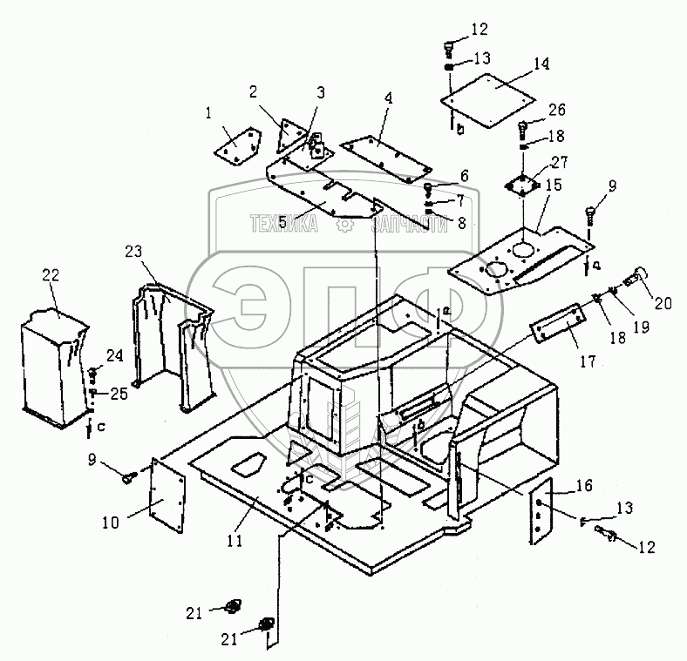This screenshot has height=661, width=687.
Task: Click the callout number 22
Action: tap(52, 275)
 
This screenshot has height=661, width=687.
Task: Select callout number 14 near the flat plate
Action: tap(541, 64)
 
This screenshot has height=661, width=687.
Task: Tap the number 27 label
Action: tap(557, 161)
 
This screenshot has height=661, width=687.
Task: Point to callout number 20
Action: tap(663, 304)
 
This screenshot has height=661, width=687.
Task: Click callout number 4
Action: tap(388, 98)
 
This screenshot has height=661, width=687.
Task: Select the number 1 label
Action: tap(209, 112)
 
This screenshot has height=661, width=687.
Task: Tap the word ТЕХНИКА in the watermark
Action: tap(283, 225)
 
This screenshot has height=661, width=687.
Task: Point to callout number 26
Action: tap(557, 111)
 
